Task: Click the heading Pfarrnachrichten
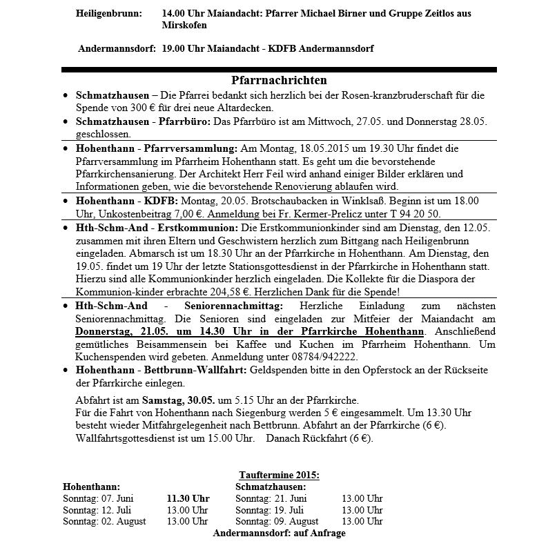(279, 81)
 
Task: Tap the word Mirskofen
(184, 25)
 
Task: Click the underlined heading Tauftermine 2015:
(279, 475)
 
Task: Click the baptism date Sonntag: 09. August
(277, 522)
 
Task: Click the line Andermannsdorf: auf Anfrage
(279, 533)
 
